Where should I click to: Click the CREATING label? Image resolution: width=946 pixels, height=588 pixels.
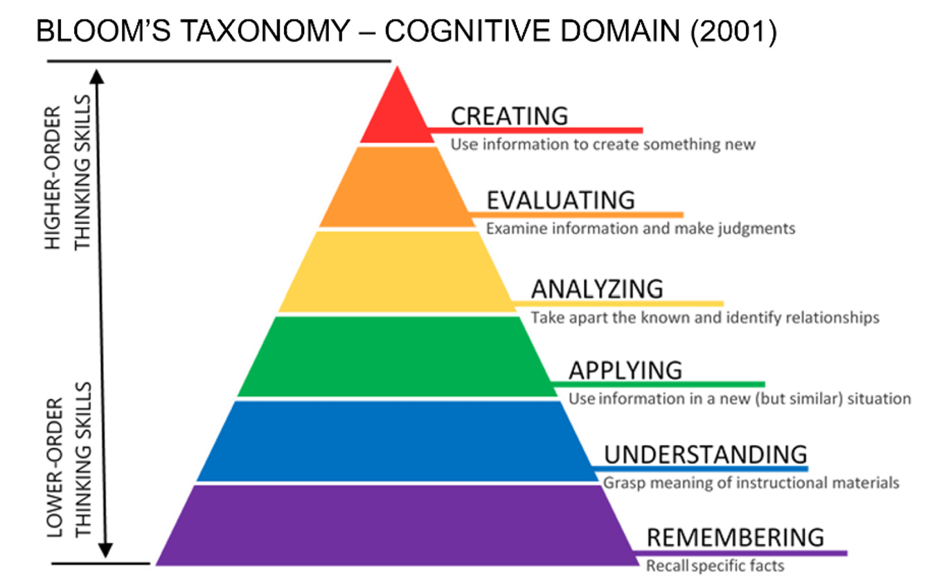[509, 116]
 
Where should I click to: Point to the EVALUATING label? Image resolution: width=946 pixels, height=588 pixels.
[560, 200]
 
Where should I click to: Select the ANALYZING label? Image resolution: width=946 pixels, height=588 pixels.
[597, 288]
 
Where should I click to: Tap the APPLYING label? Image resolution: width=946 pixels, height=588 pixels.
[625, 370]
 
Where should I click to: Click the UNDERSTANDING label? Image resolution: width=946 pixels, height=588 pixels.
[706, 455]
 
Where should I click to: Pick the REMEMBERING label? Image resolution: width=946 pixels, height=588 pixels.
[735, 537]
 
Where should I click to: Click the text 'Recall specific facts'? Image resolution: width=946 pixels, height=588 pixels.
[715, 566]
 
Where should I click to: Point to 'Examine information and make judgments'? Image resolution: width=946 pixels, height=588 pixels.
[641, 228]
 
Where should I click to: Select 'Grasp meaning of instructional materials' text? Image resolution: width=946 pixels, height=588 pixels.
[751, 483]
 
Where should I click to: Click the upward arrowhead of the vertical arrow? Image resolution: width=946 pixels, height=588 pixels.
[98, 75]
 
